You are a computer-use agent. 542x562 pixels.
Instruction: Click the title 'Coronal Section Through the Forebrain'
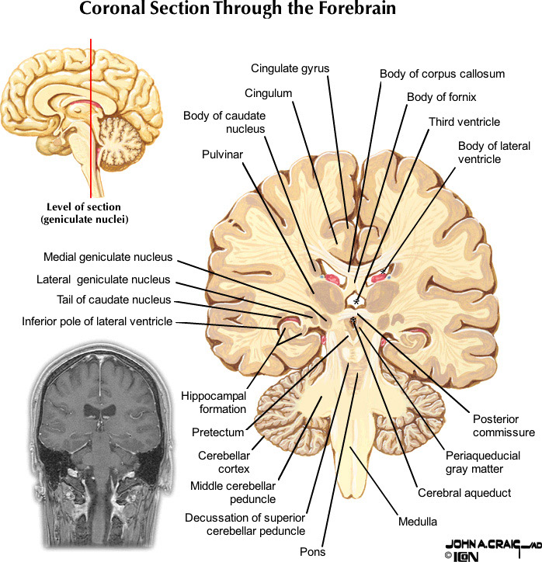click(x=238, y=10)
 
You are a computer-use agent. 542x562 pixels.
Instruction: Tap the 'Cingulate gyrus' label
click(x=290, y=68)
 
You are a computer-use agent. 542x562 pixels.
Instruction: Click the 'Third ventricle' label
click(x=464, y=122)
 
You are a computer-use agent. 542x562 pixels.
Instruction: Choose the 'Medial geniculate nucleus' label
click(x=108, y=258)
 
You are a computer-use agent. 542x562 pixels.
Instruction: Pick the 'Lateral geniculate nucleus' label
click(x=103, y=279)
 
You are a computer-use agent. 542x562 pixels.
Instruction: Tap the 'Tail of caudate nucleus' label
click(x=114, y=300)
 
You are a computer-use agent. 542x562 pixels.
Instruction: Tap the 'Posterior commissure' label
click(x=504, y=425)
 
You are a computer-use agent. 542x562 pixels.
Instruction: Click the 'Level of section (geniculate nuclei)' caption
click(x=84, y=213)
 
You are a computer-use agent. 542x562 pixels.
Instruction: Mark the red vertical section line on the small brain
click(x=91, y=116)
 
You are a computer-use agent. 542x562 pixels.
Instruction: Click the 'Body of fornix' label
click(x=441, y=98)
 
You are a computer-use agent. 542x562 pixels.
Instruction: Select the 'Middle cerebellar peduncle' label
click(x=233, y=492)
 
